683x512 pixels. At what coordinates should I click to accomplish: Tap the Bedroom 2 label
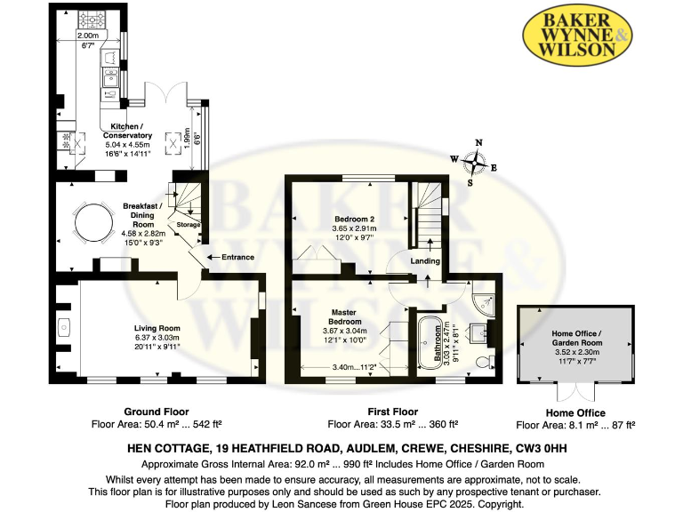point(354,219)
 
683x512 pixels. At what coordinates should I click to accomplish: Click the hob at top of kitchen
point(92,19)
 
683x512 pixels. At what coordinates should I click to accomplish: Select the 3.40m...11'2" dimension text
point(349,366)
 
